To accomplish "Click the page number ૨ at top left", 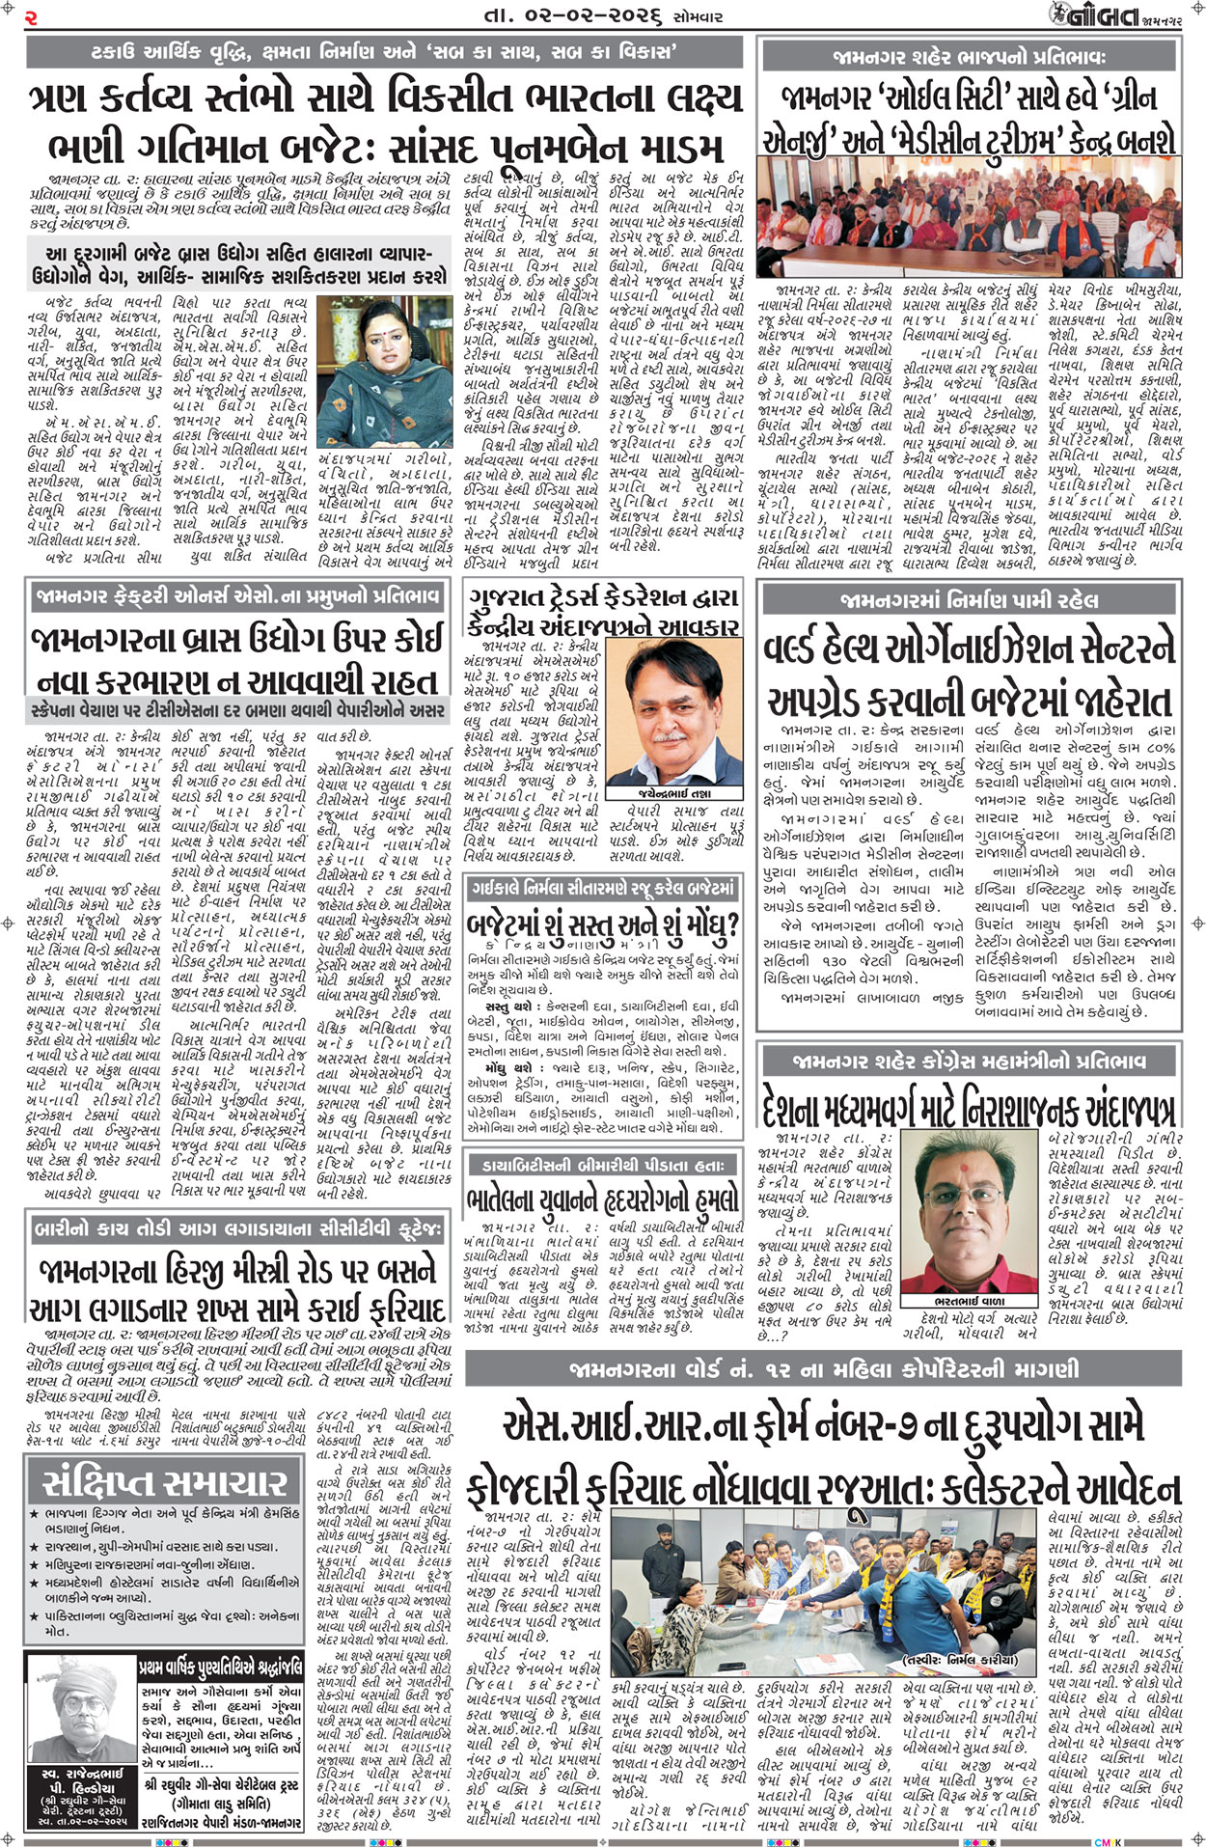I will pyautogui.click(x=30, y=15).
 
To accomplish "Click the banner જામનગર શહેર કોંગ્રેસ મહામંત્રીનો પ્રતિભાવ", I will pyautogui.click(x=969, y=1061).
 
